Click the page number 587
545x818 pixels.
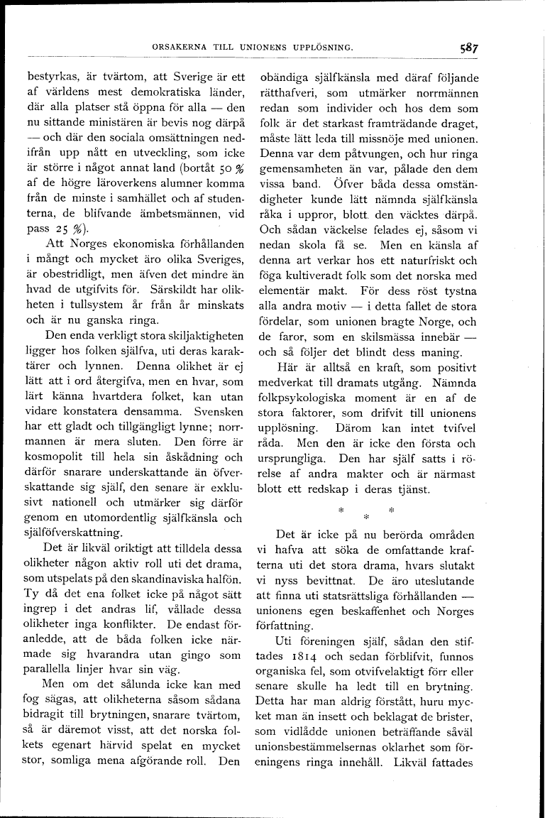[468, 49]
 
